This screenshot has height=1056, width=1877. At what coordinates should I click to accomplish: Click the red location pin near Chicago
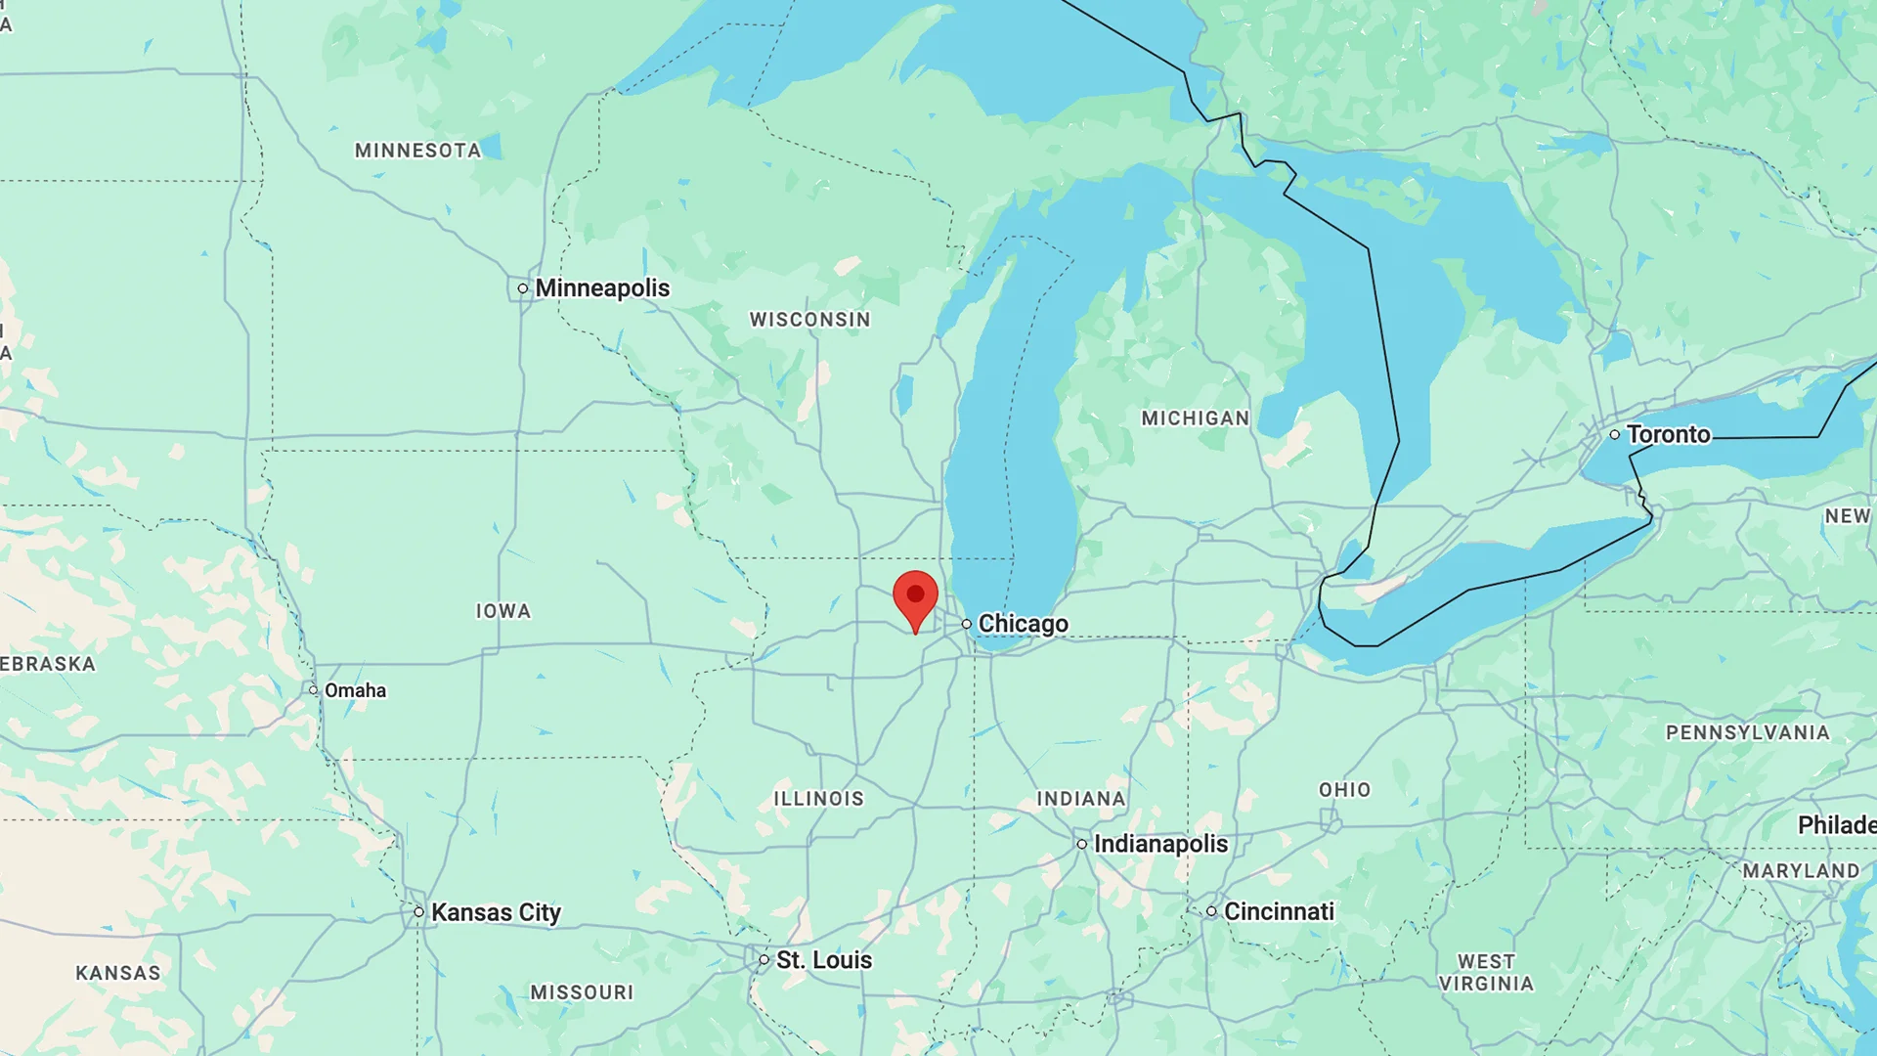click(x=915, y=597)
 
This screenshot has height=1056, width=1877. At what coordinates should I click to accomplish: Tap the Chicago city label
click(x=1023, y=624)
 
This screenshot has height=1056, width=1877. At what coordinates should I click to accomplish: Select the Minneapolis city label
click(x=602, y=288)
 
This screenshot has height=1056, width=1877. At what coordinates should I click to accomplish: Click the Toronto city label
click(x=1668, y=434)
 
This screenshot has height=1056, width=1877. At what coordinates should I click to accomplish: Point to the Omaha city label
click(x=355, y=690)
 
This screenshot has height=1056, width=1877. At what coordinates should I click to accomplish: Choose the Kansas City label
click(x=496, y=912)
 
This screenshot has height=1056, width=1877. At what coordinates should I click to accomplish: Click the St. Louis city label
click(x=823, y=960)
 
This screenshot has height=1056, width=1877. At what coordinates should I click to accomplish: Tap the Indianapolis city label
click(x=1160, y=844)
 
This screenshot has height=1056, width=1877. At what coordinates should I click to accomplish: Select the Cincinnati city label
click(x=1279, y=911)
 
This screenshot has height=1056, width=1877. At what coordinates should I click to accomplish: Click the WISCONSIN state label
click(x=809, y=320)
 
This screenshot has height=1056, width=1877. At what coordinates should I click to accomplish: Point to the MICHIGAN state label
click(x=1196, y=418)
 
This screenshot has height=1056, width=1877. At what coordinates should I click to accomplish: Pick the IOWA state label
click(x=503, y=611)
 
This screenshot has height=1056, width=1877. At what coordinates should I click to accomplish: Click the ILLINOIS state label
click(x=819, y=799)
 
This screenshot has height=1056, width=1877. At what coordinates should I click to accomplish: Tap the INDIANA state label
click(x=1081, y=799)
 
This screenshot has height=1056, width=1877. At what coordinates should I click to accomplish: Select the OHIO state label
click(x=1345, y=790)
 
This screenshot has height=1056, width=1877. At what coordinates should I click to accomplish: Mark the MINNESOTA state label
click(x=417, y=151)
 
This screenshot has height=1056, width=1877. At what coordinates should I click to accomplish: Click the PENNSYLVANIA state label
click(x=1747, y=733)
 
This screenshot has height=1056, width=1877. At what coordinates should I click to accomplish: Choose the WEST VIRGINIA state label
click(x=1486, y=973)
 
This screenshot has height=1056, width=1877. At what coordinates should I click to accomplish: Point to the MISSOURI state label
click(x=582, y=992)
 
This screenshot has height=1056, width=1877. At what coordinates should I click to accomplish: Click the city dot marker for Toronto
click(x=1615, y=434)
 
